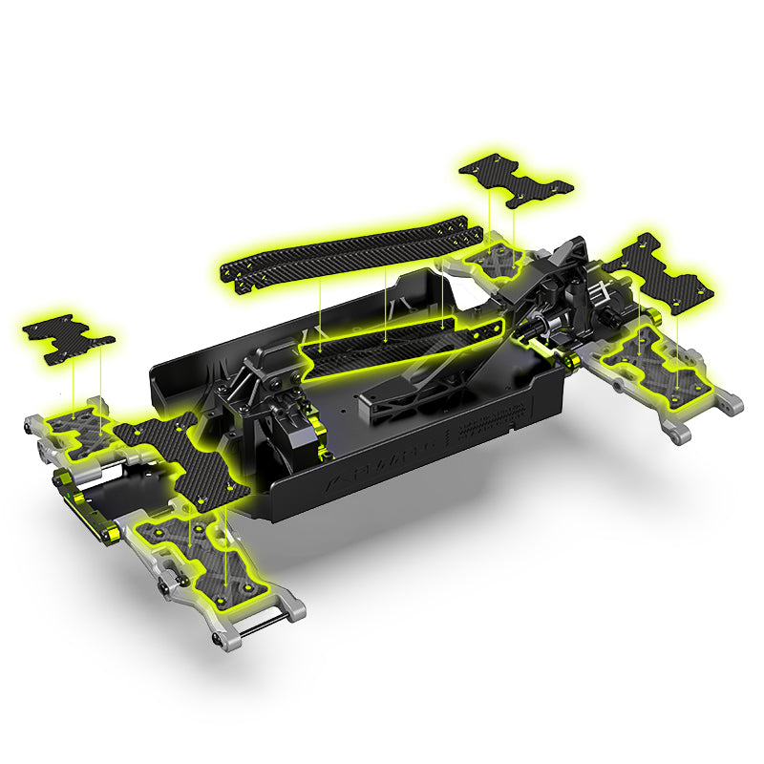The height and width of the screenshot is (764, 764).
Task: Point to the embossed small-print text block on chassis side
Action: (x=487, y=420)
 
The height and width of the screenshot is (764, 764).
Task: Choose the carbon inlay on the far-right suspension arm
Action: (x=659, y=358)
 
